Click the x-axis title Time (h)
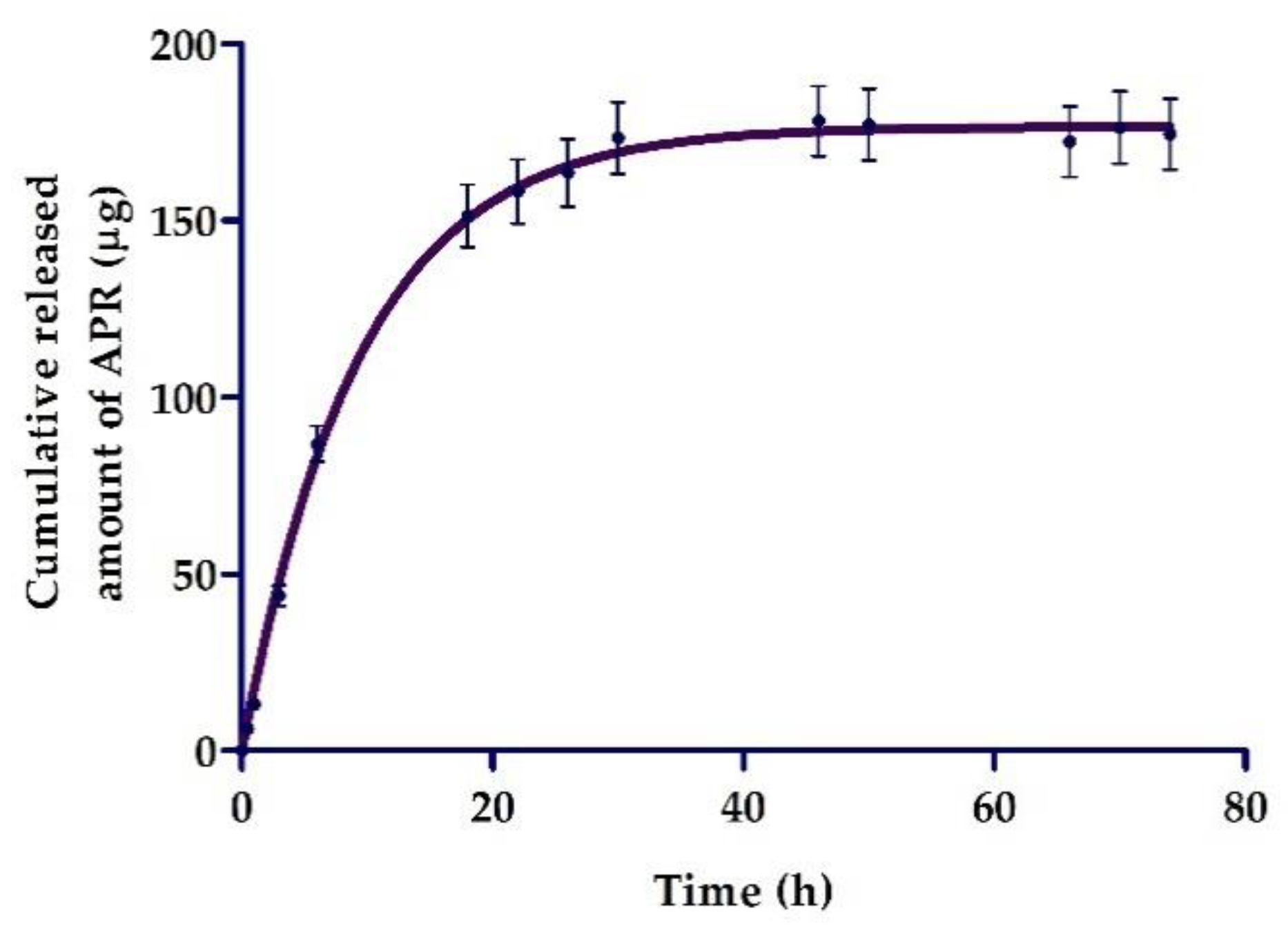click(743, 891)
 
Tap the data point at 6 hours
click(318, 445)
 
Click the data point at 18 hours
click(468, 217)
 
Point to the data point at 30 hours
click(618, 137)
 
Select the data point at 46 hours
click(819, 121)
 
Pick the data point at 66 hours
click(1070, 141)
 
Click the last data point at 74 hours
click(1170, 134)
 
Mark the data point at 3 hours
click(279, 595)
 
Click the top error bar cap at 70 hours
click(1120, 91)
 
